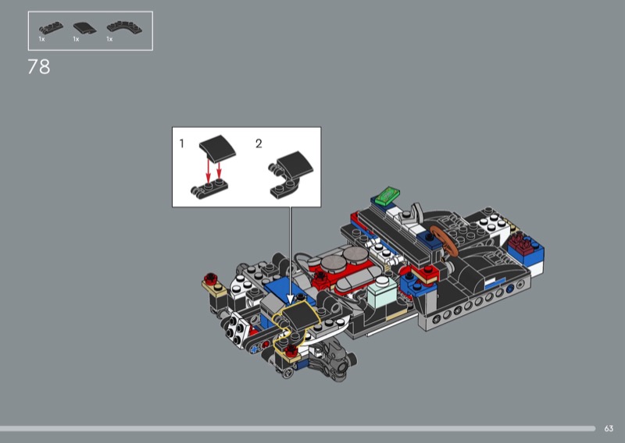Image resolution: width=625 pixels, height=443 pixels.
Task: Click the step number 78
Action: coord(39,67)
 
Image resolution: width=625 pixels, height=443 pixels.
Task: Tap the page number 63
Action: coord(609,429)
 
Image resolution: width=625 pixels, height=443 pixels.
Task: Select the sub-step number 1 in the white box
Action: coord(182,144)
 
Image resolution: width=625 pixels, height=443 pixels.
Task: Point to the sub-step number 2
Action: coord(259,144)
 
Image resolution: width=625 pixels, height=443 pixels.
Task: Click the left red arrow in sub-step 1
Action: coord(208,171)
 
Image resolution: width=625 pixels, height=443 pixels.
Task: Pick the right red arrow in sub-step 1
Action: coord(219,170)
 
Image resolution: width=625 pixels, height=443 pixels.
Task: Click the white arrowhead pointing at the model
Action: coord(291,299)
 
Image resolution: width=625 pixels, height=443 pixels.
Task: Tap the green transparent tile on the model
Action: coord(385,196)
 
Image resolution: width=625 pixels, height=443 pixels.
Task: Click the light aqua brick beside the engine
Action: coord(382,292)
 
